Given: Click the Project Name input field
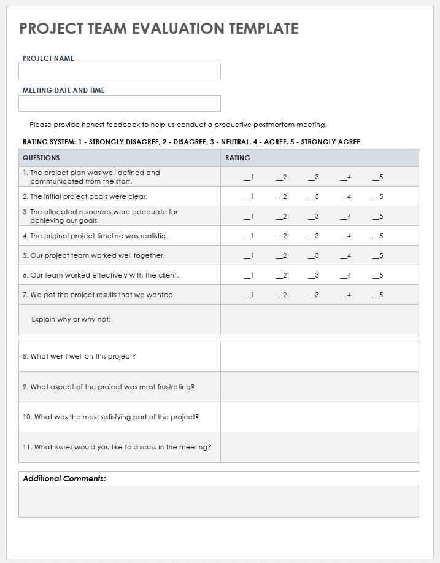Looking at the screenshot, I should [119, 71].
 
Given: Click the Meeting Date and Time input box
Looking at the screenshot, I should [119, 103].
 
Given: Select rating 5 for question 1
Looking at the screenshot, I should [377, 177].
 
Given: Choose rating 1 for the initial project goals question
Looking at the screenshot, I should [249, 197].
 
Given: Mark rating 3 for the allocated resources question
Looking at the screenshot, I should [313, 217].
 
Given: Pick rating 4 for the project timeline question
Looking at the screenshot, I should [345, 236].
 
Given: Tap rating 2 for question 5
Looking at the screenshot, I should [281, 256].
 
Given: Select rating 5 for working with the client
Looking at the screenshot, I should [377, 276].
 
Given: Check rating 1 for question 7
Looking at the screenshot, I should [249, 295].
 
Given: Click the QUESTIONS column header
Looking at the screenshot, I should [42, 158].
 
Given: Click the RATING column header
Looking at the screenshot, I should [237, 158].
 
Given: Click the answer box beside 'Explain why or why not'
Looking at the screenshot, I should [319, 320].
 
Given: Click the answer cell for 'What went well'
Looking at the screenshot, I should [319, 357].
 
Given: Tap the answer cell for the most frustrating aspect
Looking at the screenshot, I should [319, 387].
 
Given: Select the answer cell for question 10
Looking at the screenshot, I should [319, 417].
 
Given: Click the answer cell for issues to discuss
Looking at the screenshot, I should [319, 447].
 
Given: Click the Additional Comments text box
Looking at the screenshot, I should [218, 502].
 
